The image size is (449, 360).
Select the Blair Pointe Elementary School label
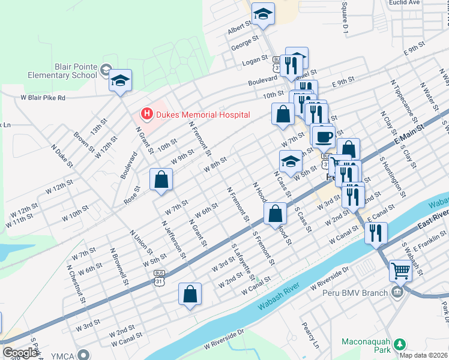(62, 71)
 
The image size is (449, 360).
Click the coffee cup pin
(324, 136)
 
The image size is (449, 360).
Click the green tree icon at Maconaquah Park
(397, 344)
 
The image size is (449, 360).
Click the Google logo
(20, 353)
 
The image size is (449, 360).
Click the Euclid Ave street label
(406, 3)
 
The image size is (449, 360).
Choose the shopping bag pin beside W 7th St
(161, 179)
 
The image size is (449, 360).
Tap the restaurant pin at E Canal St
(376, 232)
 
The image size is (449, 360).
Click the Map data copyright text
(424, 355)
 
